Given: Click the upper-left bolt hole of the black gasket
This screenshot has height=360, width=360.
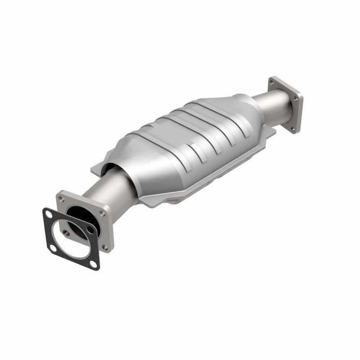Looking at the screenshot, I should tap(48, 214).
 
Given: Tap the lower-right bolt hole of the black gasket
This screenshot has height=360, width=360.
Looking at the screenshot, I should tap(94, 264).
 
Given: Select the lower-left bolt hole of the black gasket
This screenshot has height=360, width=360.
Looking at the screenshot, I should tap(53, 248).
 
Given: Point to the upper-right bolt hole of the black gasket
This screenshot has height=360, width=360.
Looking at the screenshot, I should tap(90, 229).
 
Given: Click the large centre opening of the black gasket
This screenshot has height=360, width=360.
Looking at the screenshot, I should tap(71, 240).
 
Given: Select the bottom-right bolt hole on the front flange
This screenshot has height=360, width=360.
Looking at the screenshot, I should tap(104, 247).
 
